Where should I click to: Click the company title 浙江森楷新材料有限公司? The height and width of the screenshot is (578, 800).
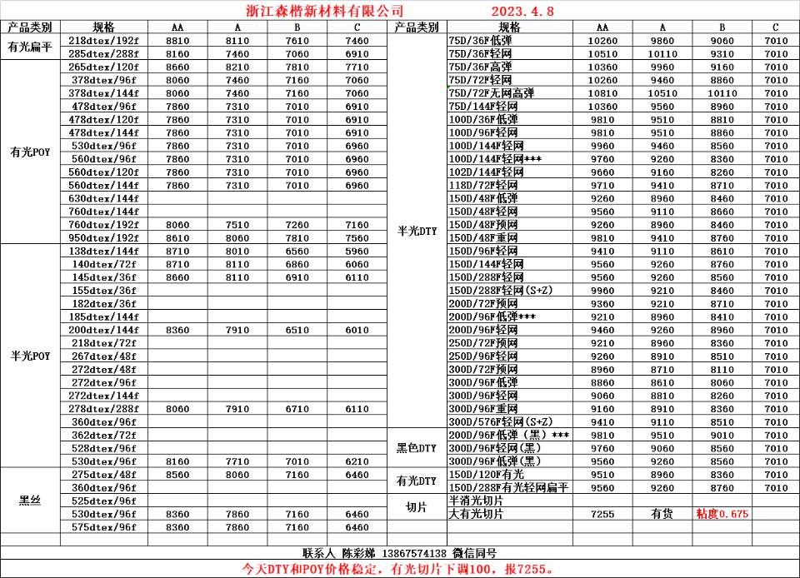[x=326, y=11]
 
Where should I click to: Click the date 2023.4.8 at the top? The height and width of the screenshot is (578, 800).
[x=522, y=11]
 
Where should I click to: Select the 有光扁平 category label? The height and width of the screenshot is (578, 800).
[x=30, y=47]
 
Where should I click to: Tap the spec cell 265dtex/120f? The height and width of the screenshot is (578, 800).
[x=103, y=67]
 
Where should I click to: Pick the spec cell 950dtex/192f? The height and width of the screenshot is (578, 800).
[x=103, y=238]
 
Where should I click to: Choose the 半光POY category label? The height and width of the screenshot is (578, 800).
[x=30, y=356]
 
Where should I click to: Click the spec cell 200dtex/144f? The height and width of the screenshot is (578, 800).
[x=103, y=331]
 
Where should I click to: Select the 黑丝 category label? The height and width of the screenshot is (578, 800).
[x=30, y=501]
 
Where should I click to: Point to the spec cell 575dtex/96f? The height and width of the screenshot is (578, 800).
[x=103, y=527]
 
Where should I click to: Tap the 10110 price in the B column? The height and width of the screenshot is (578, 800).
[x=722, y=93]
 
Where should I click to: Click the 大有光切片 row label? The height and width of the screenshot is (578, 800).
[x=477, y=515]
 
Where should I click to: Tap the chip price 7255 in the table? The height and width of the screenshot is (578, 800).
[x=602, y=515]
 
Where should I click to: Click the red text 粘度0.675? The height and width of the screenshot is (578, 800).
[x=722, y=515]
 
